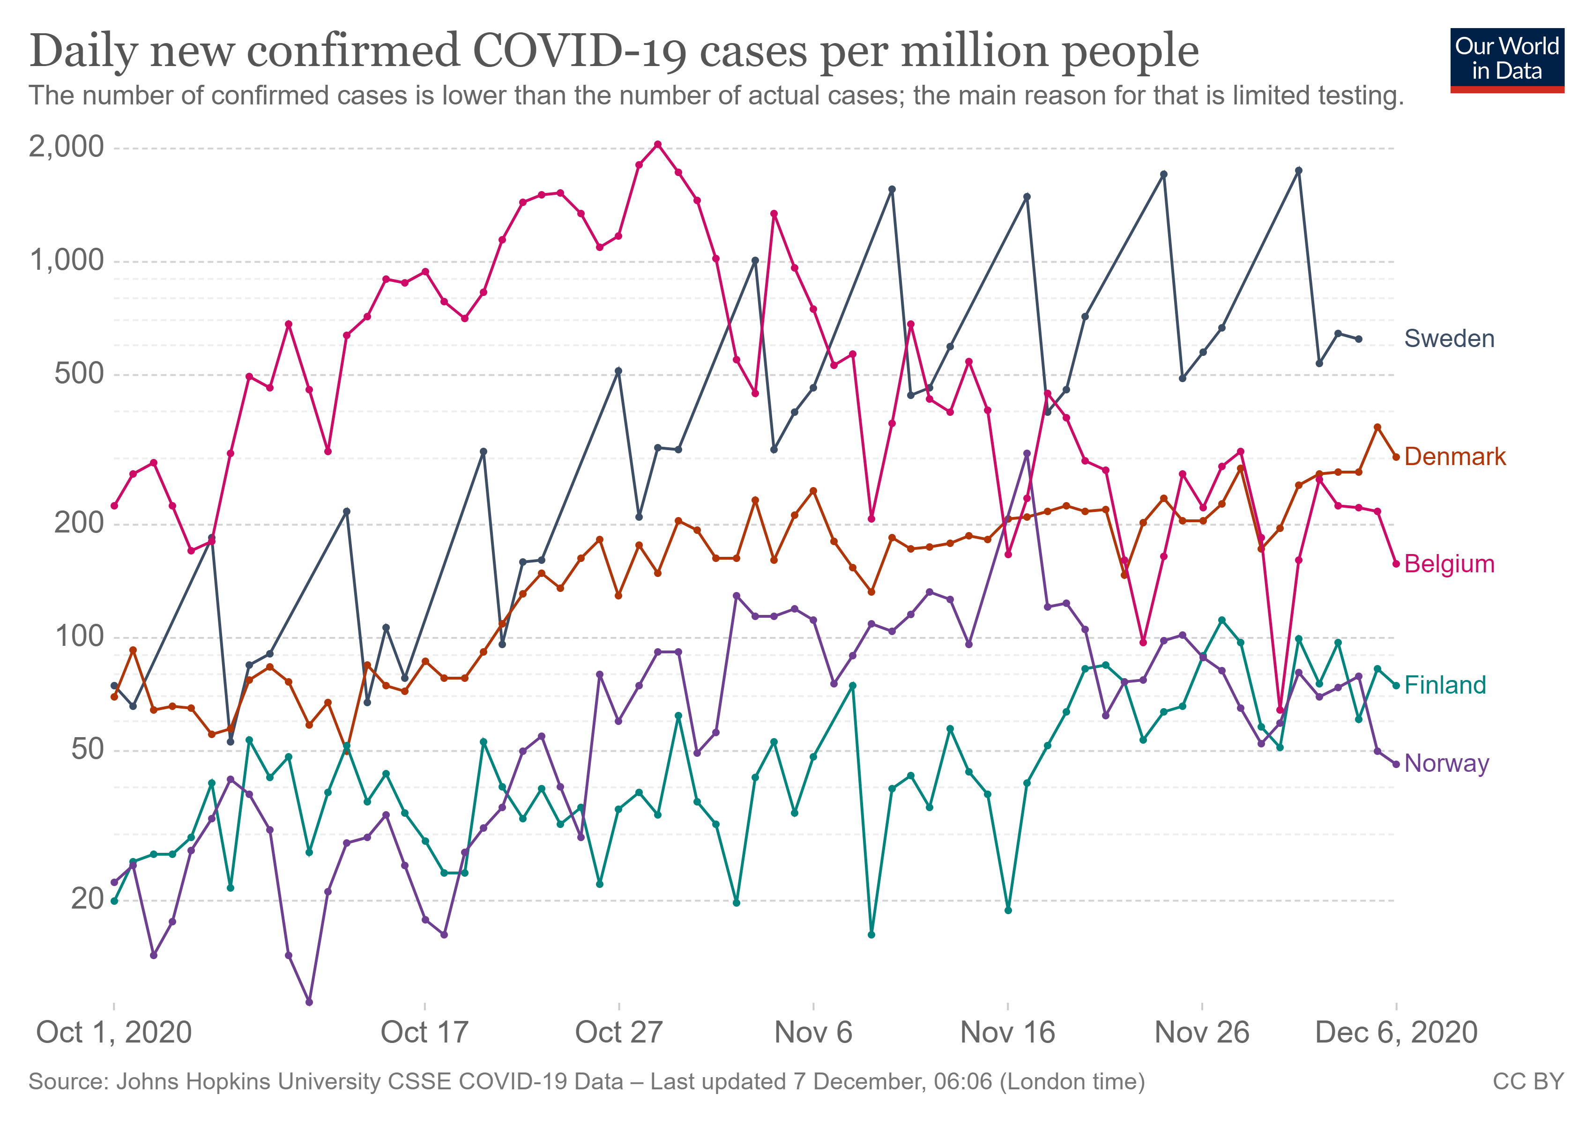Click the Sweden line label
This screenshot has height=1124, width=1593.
tap(1449, 339)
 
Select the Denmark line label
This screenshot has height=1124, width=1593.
tap(1454, 456)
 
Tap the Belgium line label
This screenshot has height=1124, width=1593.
tap(1449, 564)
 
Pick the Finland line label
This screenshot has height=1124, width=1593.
tap(1444, 685)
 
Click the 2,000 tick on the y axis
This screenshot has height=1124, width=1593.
tap(66, 147)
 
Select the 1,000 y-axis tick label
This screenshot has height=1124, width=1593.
tap(66, 261)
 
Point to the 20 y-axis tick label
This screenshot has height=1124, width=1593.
tap(87, 899)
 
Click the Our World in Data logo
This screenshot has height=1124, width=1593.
tap(1506, 59)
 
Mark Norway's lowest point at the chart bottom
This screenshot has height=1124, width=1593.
tap(309, 1002)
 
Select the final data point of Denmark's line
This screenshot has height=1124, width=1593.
tap(1396, 457)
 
